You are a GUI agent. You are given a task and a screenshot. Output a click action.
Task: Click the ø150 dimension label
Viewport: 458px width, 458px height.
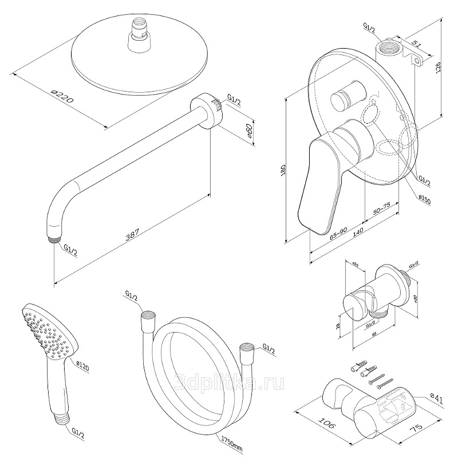[x=424, y=198]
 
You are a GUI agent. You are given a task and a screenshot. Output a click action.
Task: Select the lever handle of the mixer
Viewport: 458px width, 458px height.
[x=318, y=183]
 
